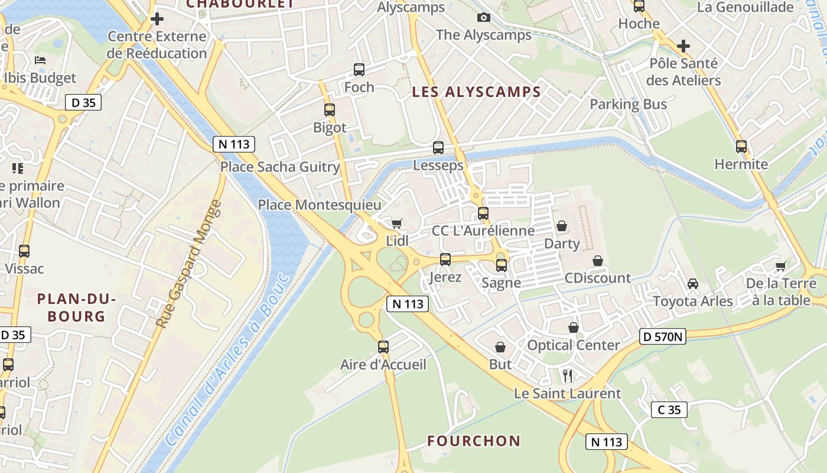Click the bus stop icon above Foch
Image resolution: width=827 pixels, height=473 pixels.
coord(359,70)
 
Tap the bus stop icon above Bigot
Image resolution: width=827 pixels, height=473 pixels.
coord(330,110)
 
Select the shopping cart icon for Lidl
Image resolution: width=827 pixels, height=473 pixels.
coord(396,223)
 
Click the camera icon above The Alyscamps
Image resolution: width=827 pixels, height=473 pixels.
coord(484,18)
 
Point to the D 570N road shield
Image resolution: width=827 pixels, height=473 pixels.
coord(663,337)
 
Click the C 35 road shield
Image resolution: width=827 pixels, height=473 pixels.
coord(669,410)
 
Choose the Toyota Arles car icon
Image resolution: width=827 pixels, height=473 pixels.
coord(693,284)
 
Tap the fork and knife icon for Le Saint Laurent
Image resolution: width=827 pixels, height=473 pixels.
coord(568,375)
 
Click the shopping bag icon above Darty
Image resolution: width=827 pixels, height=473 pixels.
coord(561,226)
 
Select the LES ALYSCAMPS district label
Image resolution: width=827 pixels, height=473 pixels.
coord(476,92)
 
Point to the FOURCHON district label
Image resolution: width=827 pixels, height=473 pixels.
coord(474,441)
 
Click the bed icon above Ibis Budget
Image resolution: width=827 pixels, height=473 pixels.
coord(40,60)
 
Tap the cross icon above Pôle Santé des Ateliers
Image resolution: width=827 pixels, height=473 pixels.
coord(683,46)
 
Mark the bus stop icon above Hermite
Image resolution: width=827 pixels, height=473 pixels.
coord(741,147)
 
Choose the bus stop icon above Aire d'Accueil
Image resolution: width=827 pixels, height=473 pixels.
coord(383,347)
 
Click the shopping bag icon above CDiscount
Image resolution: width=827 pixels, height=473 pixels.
coord(598,261)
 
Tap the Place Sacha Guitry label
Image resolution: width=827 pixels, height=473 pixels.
coord(280,167)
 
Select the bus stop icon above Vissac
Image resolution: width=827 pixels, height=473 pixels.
coord(24,251)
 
